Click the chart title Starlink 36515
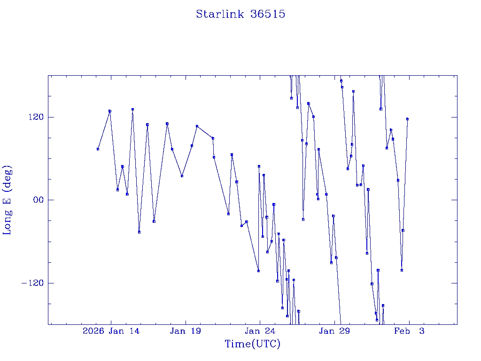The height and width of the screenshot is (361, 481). (240, 14)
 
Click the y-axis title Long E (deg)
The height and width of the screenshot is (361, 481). (8, 200)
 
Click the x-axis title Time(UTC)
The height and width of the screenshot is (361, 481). (252, 344)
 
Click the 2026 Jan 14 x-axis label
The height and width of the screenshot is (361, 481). (111, 331)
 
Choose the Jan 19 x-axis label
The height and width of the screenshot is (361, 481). (186, 331)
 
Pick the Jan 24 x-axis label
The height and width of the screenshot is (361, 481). (260, 331)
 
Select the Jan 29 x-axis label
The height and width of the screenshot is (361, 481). (334, 331)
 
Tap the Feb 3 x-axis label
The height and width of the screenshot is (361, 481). (409, 331)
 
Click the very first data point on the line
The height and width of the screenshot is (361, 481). (98, 149)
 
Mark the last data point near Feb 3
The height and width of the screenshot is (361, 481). (407, 119)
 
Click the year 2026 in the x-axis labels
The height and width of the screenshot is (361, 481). (93, 331)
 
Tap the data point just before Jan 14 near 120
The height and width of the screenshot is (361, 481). (109, 111)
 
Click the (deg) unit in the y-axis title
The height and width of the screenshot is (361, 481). (8, 177)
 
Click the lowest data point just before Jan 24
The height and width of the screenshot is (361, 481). (258, 271)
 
